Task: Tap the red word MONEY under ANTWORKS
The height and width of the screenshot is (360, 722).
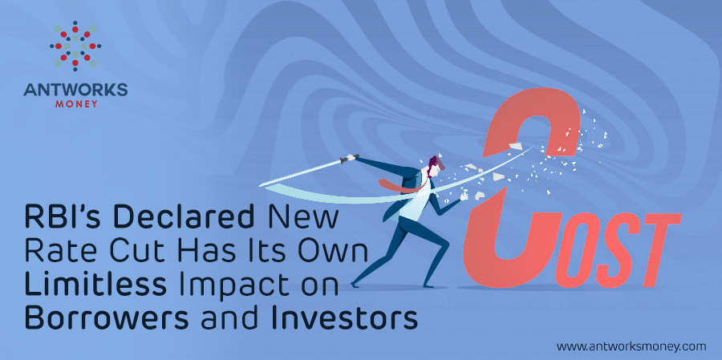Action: click(76, 104)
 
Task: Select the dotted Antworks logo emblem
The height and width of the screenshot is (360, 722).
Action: click(75, 46)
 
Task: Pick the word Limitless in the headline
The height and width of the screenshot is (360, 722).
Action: click(95, 285)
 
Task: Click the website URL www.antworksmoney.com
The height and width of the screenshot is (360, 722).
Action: click(631, 346)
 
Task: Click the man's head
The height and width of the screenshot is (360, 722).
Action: click(435, 166)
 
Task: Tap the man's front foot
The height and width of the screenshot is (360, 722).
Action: click(428, 285)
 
